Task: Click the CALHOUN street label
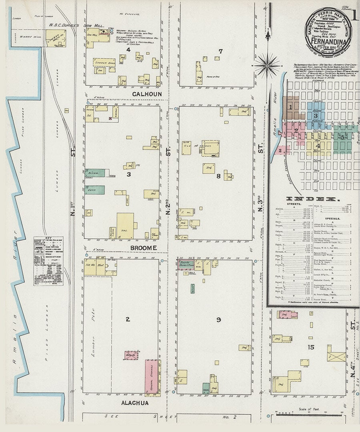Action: coord(147,94)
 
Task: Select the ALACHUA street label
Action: coord(135,403)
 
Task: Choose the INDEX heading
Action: coord(313,199)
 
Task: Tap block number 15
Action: coord(311,347)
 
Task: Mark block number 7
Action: coord(220,51)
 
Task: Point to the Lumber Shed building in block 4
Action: coord(104,62)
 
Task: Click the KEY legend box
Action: coord(49,260)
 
